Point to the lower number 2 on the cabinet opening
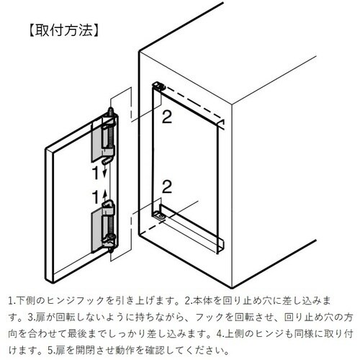[166, 189]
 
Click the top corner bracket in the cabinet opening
[160, 85]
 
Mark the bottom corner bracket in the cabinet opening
[160, 214]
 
